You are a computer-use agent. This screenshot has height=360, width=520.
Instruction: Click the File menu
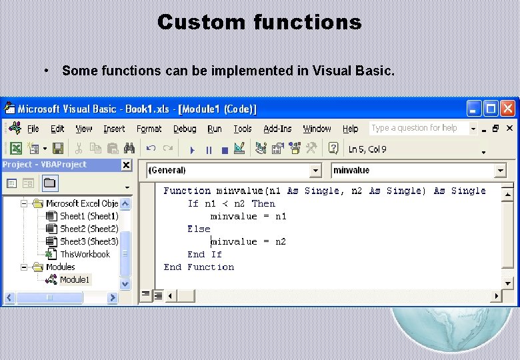(x=33, y=129)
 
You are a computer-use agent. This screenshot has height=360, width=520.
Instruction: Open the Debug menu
(x=185, y=129)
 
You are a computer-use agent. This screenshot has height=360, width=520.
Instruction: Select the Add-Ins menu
(x=277, y=129)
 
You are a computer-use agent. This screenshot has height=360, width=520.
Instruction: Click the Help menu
(x=350, y=129)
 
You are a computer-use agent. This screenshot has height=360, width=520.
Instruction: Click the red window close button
(x=509, y=108)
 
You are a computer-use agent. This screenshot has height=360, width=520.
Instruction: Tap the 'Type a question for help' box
(x=419, y=128)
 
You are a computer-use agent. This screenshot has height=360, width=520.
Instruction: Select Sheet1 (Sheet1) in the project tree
(x=89, y=216)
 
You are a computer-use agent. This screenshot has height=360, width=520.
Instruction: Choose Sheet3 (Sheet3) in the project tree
(x=89, y=241)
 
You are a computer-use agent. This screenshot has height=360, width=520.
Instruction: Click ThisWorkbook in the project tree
(x=85, y=254)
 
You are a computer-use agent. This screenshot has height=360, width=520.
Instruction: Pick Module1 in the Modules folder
(x=74, y=279)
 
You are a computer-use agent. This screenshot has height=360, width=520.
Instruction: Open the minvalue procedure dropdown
(x=419, y=171)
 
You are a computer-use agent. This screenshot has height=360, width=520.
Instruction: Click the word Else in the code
(x=199, y=229)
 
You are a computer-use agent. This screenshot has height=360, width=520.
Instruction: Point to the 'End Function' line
(x=199, y=267)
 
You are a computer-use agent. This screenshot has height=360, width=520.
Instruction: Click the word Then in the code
(x=263, y=203)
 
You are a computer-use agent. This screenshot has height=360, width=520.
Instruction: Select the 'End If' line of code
(x=205, y=254)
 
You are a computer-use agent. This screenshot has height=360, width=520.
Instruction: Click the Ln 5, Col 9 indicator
(x=367, y=149)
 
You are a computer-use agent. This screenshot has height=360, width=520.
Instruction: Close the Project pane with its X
(x=125, y=165)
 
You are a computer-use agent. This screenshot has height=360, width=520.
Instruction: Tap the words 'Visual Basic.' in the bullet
(x=353, y=71)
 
